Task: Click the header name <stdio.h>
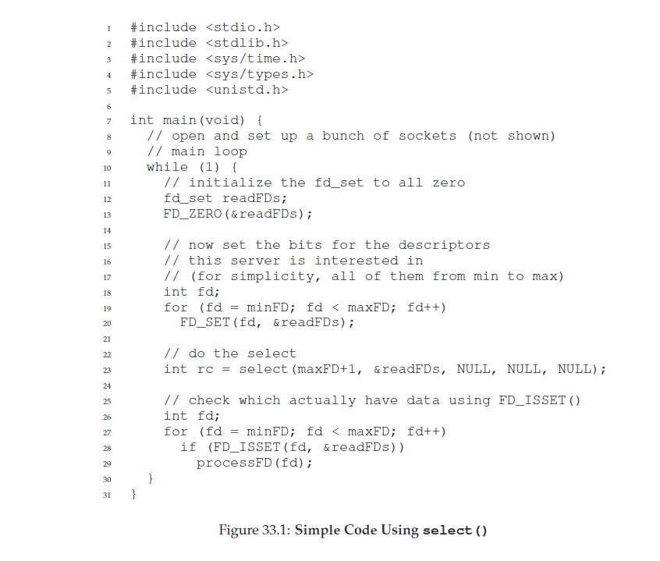coord(243,27)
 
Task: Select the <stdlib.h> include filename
coord(247,43)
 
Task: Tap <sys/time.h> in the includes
coord(256,59)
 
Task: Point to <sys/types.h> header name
coord(260,74)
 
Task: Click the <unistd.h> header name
coord(247,90)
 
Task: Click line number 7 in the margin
coord(109,122)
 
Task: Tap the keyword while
coord(168,167)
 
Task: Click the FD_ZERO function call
coord(193,214)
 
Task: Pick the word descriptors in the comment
coord(444,245)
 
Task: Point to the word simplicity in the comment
coord(272,276)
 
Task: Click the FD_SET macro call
coord(205,322)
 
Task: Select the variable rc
coord(205,370)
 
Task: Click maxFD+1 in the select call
coord(327,369)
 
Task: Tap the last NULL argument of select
coord(574,369)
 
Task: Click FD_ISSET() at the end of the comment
coord(540,400)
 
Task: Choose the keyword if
coord(189,447)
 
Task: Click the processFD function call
coord(234,463)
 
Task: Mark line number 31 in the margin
coord(107,495)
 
